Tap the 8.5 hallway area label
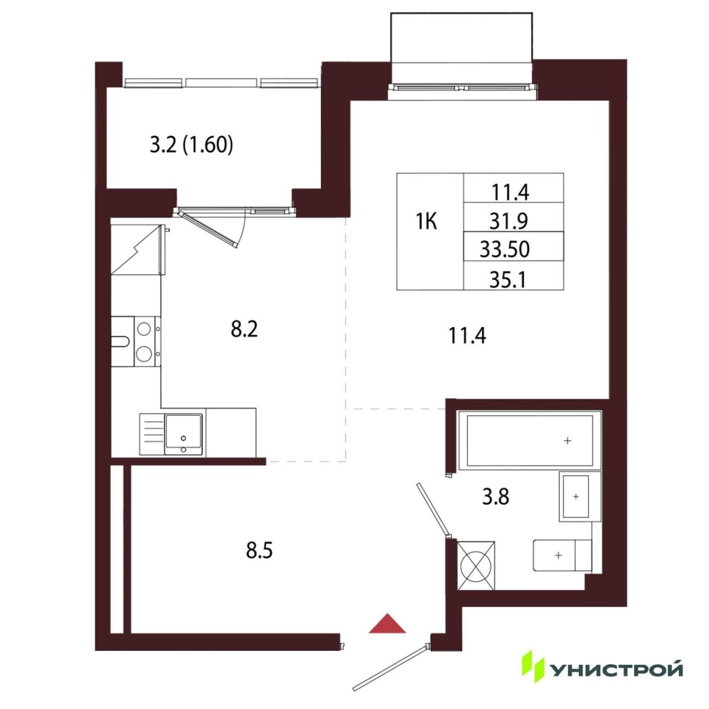(x=259, y=551)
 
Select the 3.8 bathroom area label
(x=496, y=497)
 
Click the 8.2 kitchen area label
(x=244, y=329)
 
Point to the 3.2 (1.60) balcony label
(x=191, y=146)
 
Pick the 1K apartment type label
(x=427, y=222)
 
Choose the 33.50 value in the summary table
(x=505, y=249)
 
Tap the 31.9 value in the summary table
(x=509, y=221)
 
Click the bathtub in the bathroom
(x=530, y=440)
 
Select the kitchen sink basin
(x=183, y=434)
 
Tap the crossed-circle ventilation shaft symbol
(x=476, y=566)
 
